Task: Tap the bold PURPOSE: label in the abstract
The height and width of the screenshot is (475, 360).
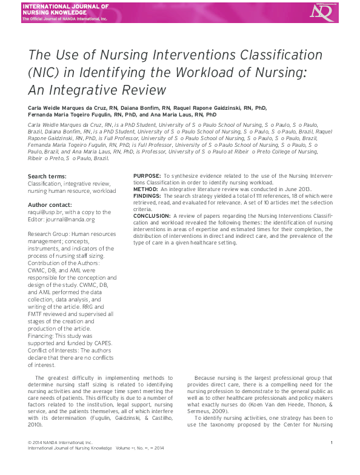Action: tap(147, 176)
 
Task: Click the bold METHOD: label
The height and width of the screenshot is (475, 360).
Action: tap(145, 189)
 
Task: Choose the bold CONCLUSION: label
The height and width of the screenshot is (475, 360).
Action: tap(152, 215)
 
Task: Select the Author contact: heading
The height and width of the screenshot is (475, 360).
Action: tap(50, 205)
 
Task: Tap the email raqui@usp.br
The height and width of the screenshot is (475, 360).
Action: tap(42, 212)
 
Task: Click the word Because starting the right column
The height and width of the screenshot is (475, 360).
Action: tap(207, 377)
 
